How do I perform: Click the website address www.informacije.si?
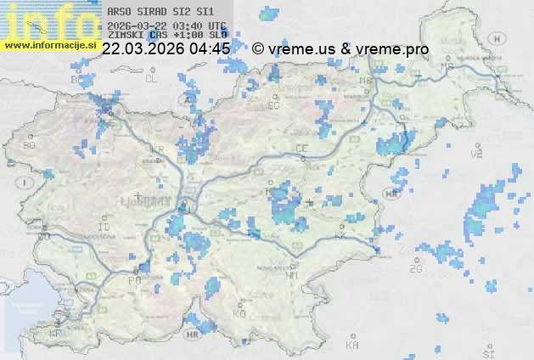(49, 45)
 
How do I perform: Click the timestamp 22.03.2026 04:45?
(166, 49)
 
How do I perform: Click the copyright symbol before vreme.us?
(257, 49)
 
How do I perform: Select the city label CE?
(301, 149)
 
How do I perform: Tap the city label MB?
(366, 82)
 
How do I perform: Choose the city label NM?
(293, 275)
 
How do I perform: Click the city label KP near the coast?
(56, 334)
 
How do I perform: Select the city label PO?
(133, 280)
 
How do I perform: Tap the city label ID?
(104, 228)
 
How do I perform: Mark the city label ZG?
(416, 269)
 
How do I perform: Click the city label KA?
(352, 345)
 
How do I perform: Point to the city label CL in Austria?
(152, 79)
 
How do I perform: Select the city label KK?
(341, 237)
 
